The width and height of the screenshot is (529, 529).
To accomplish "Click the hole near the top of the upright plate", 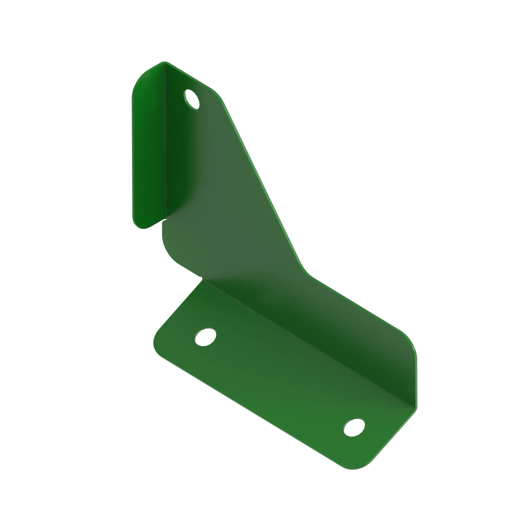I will (192, 99).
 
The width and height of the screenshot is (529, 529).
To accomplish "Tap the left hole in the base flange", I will (206, 337).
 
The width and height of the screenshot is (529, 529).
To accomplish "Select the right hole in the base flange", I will (354, 428).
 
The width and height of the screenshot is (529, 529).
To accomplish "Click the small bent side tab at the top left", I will (149, 145).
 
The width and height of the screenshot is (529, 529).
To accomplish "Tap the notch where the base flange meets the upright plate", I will (201, 279).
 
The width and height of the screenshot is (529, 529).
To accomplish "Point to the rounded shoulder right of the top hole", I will (218, 94).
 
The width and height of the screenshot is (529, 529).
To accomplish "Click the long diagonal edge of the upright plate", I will (262, 182).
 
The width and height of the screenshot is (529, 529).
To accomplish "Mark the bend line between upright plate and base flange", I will (309, 344).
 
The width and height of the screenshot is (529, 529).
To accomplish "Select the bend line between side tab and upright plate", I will (165, 142).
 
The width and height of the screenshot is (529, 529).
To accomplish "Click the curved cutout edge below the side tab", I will (168, 252).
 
